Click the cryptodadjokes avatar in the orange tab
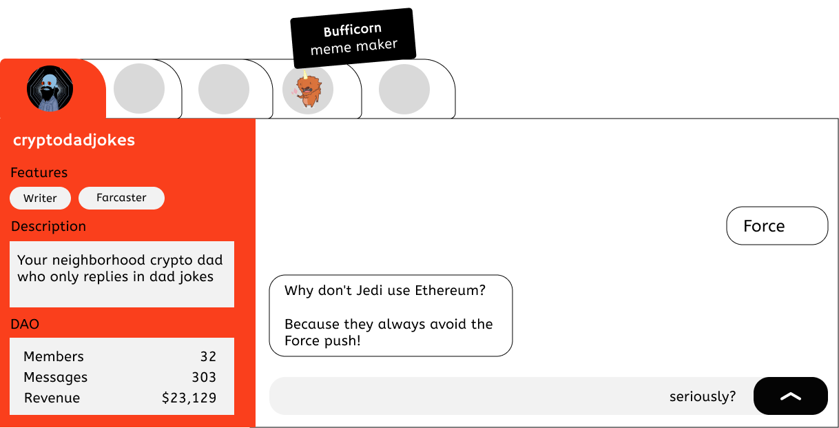click(50, 88)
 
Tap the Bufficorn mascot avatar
click(307, 89)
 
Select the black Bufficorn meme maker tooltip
click(353, 38)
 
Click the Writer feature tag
click(40, 198)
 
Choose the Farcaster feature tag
click(121, 198)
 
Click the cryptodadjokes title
click(74, 140)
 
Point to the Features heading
click(39, 172)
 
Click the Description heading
click(49, 226)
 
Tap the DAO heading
click(25, 324)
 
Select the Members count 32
click(208, 356)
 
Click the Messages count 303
click(204, 377)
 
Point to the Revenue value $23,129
click(189, 398)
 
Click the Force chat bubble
click(777, 225)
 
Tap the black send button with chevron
click(791, 396)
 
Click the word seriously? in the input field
click(703, 396)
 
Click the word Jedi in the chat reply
click(369, 290)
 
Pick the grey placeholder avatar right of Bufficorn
click(404, 89)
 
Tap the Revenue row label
click(52, 398)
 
